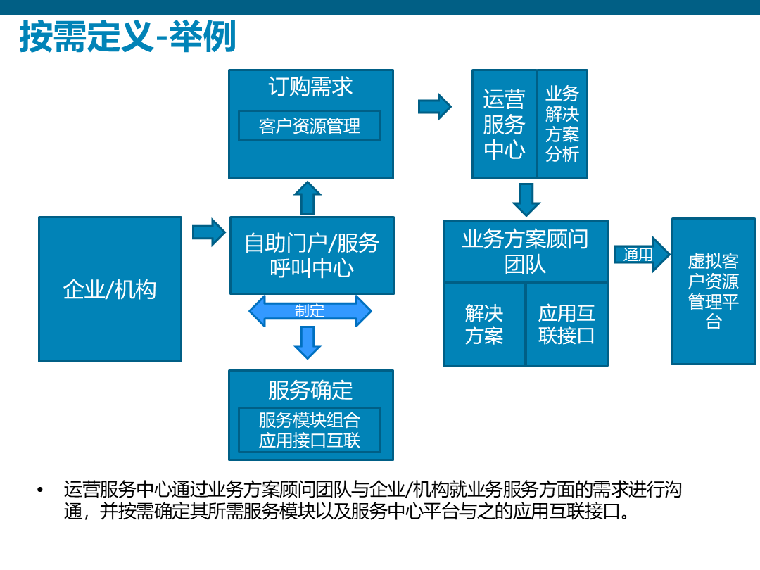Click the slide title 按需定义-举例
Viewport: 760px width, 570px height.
[127, 37]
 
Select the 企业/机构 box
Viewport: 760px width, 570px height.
[110, 289]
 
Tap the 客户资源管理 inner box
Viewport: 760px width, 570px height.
[310, 126]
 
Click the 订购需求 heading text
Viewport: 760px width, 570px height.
[310, 87]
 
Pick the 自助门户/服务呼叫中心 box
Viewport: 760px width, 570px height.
[312, 255]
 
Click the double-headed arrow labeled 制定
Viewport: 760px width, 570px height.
[310, 311]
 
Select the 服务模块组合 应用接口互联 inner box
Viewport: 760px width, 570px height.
[310, 430]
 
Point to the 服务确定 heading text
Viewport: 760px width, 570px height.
[310, 390]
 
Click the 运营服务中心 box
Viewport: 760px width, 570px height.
[504, 124]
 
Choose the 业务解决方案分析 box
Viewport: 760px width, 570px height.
[562, 124]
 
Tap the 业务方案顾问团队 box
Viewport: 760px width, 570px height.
[525, 251]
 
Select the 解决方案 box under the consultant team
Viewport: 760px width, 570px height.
[484, 324]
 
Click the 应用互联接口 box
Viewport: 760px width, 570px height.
[566, 324]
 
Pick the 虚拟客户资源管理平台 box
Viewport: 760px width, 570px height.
[713, 291]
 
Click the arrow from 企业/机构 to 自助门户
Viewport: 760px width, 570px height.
[208, 232]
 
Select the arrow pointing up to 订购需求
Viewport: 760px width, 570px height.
[307, 198]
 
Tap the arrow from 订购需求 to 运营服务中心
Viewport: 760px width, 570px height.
[434, 106]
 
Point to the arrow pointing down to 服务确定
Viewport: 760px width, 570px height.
[307, 343]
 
